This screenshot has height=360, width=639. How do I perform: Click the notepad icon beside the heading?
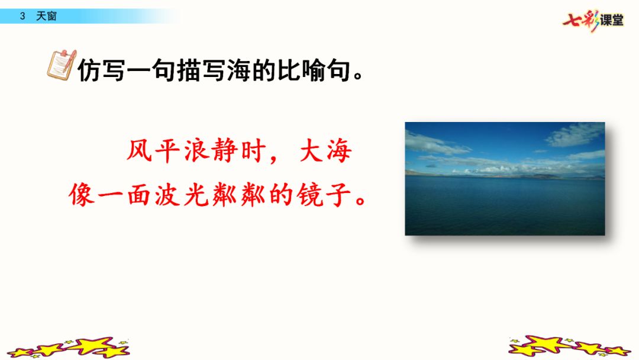point(62,65)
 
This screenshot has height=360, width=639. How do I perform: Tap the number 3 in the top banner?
point(22,17)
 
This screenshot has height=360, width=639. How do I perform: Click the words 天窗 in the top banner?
point(46,17)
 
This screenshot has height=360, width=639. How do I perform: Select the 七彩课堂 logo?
point(593,21)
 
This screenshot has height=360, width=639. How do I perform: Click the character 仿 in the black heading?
point(89,70)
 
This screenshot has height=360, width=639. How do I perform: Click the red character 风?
point(138,150)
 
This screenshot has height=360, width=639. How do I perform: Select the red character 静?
point(225,150)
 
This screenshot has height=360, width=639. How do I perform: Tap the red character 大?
point(311,150)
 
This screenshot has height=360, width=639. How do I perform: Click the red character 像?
point(82,194)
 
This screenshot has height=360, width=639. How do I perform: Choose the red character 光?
point(196,194)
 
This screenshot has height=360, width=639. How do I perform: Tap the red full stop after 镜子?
point(361,201)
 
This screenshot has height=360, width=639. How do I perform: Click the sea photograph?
point(505,179)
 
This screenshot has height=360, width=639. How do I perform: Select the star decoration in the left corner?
point(69,348)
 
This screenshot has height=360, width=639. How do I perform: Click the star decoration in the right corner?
point(570,346)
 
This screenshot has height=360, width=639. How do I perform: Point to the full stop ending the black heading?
point(358,76)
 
